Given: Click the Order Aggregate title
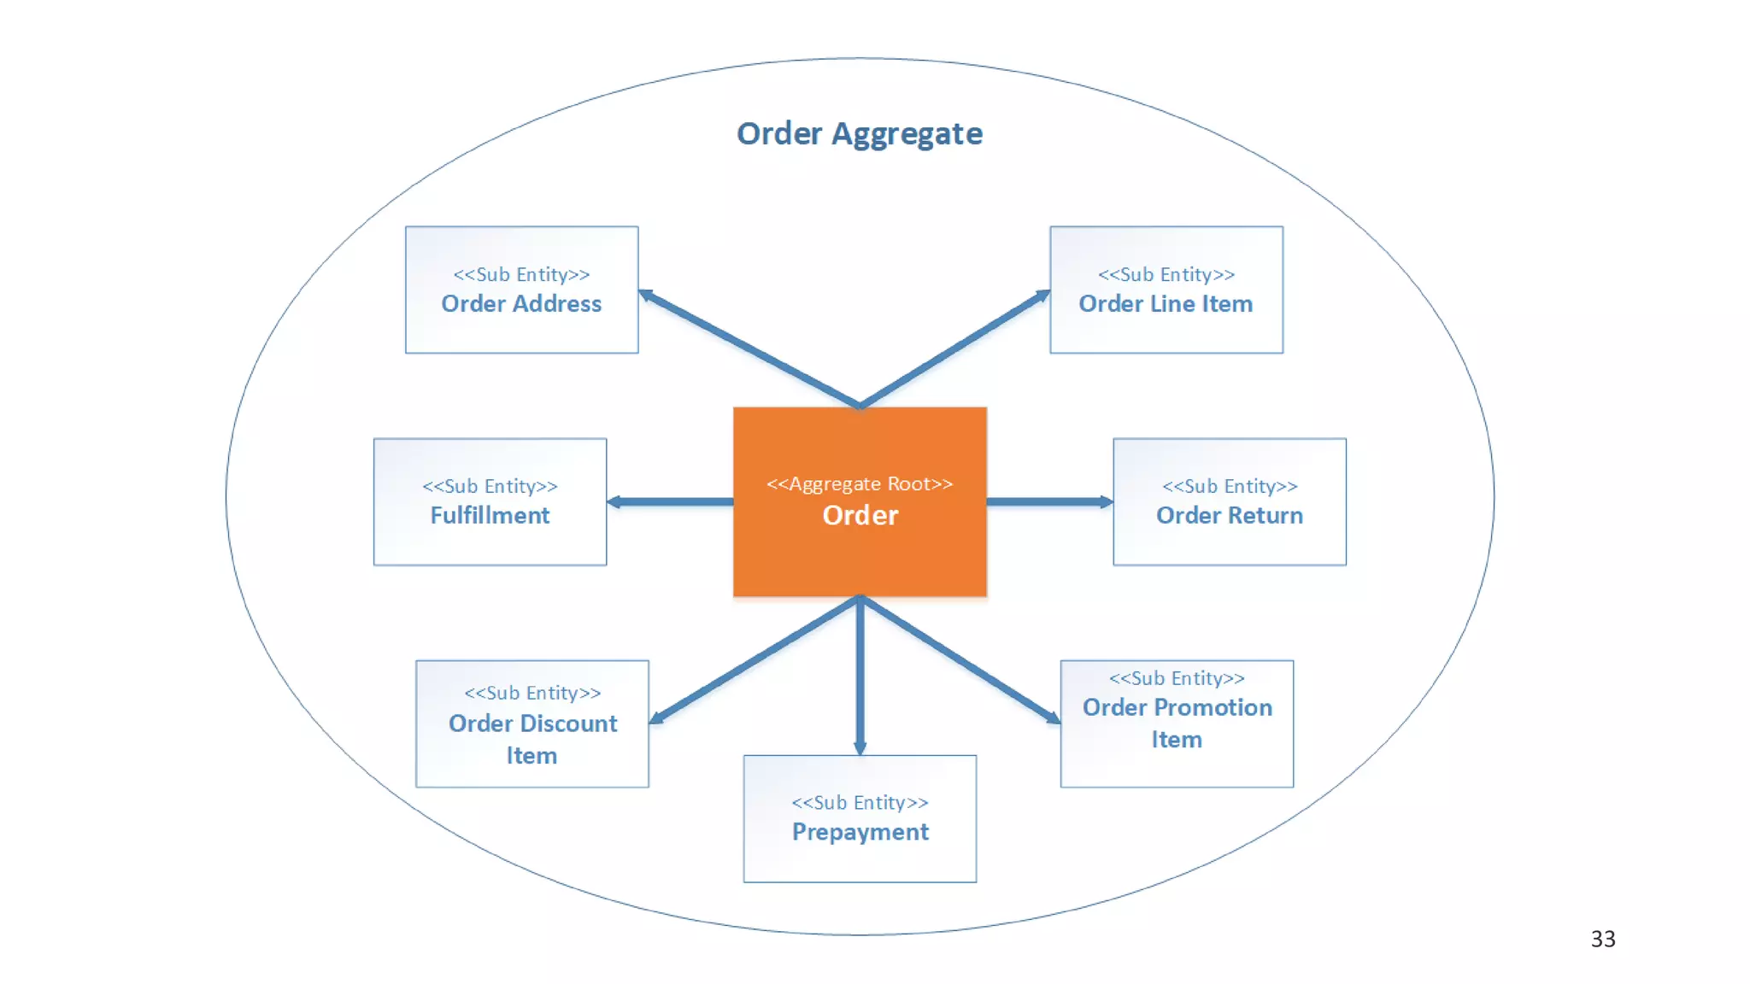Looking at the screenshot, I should pos(860,134).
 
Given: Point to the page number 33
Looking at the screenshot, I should pos(1603,939).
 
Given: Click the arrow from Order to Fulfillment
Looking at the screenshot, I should pos(670,501).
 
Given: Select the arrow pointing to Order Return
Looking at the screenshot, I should pos(1049,501).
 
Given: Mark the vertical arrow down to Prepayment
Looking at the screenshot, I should pos(860,675).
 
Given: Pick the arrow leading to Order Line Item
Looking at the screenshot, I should pos(955,348).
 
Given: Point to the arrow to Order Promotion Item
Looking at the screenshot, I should pos(960,660).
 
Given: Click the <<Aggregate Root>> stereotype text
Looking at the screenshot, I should pos(860,483).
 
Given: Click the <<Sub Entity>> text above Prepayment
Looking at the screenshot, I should pos(860,802).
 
